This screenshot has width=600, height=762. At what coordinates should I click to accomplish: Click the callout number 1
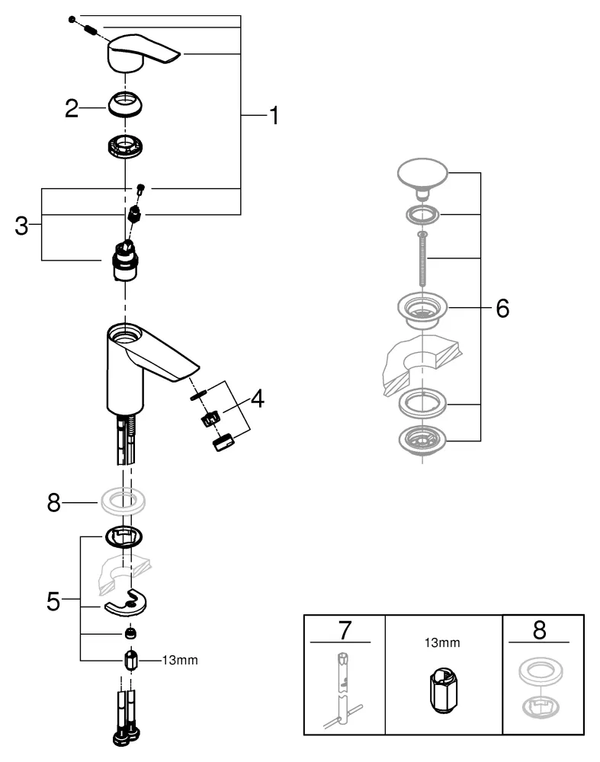(x=272, y=116)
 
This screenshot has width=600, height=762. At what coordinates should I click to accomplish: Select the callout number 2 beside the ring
(x=72, y=109)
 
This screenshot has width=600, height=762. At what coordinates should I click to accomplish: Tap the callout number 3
(x=22, y=226)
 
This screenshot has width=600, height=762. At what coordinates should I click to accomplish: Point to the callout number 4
(x=258, y=398)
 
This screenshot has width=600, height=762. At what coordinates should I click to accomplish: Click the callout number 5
(x=52, y=600)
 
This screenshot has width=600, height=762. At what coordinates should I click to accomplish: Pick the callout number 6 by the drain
(x=502, y=309)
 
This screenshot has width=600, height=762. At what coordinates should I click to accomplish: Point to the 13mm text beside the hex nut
(x=180, y=660)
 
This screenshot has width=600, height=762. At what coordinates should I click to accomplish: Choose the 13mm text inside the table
(x=442, y=643)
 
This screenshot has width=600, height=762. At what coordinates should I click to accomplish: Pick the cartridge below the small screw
(x=125, y=259)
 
